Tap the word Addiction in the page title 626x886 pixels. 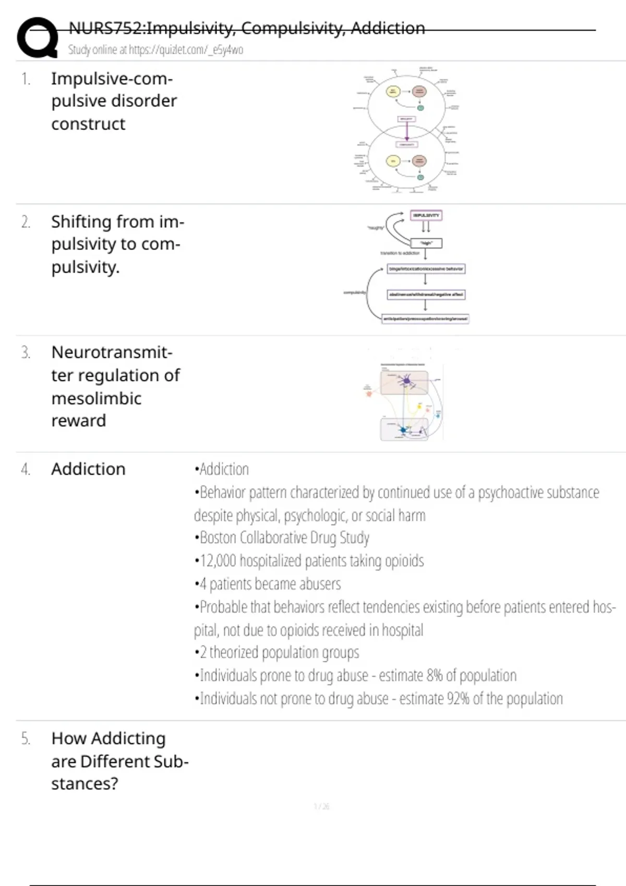pos(388,28)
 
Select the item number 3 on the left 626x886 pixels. pos(26,353)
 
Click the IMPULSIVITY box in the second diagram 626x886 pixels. pos(426,215)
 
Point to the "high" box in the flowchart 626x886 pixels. pos(426,243)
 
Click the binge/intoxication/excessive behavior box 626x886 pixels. pos(426,269)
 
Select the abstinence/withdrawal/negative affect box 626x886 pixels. pos(426,294)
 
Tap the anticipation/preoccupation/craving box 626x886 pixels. pos(425,318)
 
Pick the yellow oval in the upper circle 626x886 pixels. pos(393,92)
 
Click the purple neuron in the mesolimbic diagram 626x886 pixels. pos(406,382)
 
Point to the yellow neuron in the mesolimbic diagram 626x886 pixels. pos(419,406)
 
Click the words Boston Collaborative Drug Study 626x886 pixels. pos(284,537)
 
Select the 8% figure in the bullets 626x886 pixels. pos(434,675)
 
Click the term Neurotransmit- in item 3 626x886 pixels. pos(112,352)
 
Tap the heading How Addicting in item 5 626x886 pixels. pos(109,739)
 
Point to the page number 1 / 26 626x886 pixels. pos(321,807)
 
